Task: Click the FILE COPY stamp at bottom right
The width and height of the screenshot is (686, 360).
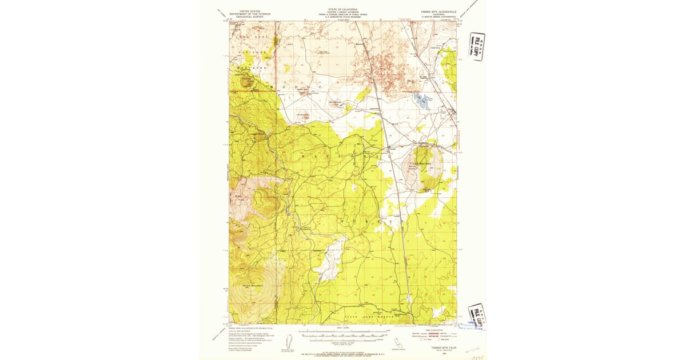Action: coord(476,316)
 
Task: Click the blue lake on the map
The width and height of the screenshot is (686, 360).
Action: coord(424,101)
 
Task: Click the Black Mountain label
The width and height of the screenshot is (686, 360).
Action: coord(245,284)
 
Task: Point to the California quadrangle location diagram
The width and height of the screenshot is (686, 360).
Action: coord(394,342)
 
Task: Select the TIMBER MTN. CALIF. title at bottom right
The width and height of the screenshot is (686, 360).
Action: coord(443,346)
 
